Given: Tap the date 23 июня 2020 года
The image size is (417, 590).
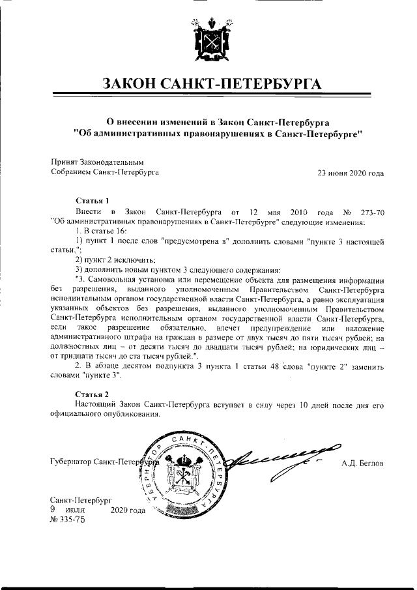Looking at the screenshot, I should coord(350,173).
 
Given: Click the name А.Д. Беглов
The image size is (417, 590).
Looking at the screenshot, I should coord(362,464).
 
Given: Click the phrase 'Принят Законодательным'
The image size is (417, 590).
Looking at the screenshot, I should coord(97,162).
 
